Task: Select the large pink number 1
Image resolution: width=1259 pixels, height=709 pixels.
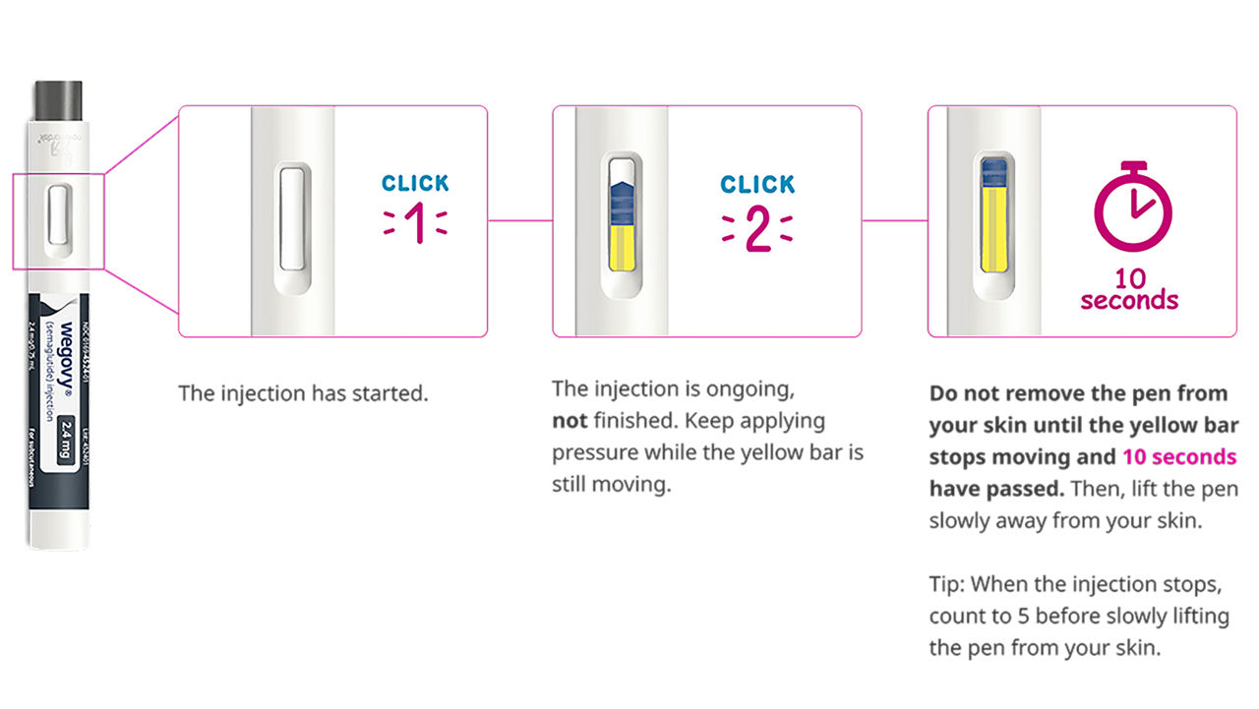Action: pyautogui.click(x=415, y=224)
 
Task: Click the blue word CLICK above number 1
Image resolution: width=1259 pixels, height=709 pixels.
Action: pyautogui.click(x=415, y=183)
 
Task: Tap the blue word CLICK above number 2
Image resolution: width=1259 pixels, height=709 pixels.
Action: pyautogui.click(x=757, y=184)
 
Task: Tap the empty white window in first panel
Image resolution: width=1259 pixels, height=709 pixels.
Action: pyautogui.click(x=292, y=218)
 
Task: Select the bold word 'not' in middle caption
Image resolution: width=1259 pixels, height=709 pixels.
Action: pyautogui.click(x=570, y=421)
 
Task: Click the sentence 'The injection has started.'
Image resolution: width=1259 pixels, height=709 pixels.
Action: pyautogui.click(x=304, y=393)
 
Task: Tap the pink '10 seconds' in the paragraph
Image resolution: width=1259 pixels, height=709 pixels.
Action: pyautogui.click(x=1178, y=457)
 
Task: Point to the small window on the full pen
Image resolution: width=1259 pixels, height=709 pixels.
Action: pyautogui.click(x=58, y=218)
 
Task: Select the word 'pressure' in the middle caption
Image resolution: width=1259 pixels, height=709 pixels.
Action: pyautogui.click(x=595, y=453)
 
